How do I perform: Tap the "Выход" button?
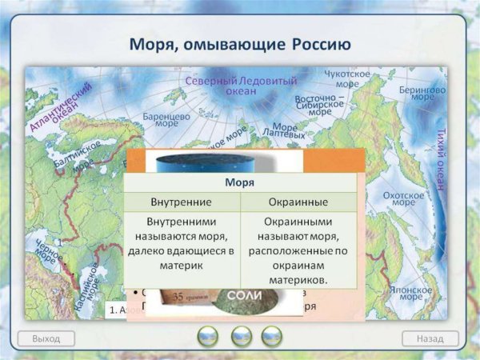pyautogui.click(x=46, y=338)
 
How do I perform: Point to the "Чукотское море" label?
pyautogui.click(x=347, y=78)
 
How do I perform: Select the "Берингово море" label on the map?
pyautogui.click(x=422, y=96)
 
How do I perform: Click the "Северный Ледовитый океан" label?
pyautogui.click(x=241, y=86)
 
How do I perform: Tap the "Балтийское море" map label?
pyautogui.click(x=79, y=158)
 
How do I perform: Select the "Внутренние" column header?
pyautogui.click(x=181, y=201)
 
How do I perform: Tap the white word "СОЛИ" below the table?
pyautogui.click(x=243, y=296)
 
